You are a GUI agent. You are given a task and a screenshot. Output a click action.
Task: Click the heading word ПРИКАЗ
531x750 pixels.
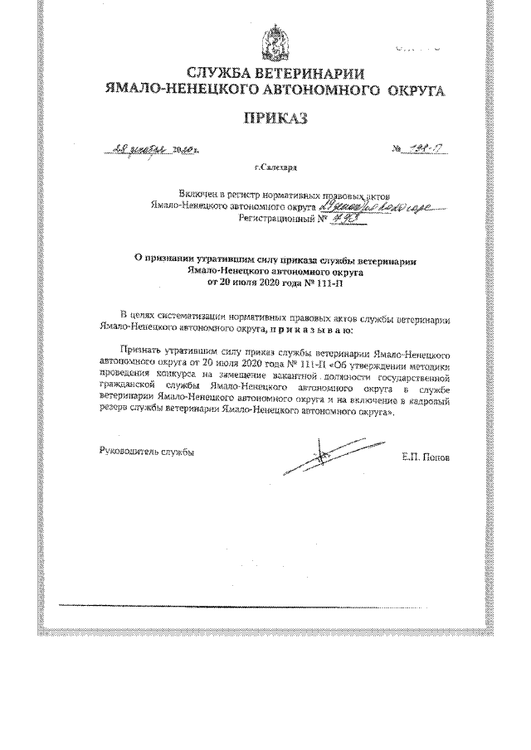click(x=274, y=119)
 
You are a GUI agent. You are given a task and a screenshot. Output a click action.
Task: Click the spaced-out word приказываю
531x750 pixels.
click(x=310, y=329)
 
